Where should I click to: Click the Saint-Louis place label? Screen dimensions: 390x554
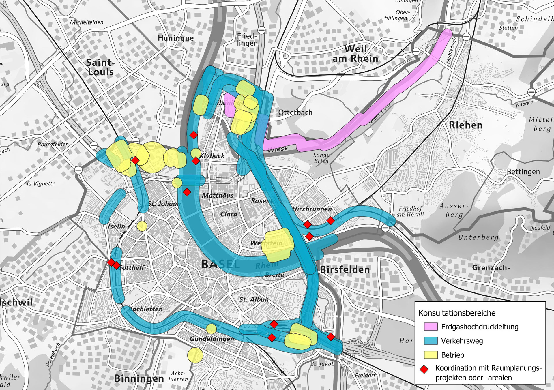100,67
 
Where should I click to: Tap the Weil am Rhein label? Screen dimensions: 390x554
355,54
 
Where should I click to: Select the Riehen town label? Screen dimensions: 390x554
466,125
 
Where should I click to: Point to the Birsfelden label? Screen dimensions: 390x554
345,270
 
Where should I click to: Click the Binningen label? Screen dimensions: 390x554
139,378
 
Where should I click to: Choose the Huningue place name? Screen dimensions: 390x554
176,38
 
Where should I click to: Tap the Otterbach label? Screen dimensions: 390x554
295,112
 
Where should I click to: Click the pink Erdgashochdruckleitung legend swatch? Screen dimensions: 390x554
431,327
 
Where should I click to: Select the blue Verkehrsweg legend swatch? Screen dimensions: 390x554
431,341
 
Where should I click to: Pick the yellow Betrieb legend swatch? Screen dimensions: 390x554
431,355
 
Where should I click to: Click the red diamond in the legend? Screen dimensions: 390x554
424,370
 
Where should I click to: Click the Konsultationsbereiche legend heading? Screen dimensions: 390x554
457,313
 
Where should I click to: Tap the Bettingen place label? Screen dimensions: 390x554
523,172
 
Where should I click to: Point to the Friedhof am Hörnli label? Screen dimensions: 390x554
410,211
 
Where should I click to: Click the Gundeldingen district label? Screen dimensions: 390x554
212,339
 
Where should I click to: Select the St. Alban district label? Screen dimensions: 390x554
254,299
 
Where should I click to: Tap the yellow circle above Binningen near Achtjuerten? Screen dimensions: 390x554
195,355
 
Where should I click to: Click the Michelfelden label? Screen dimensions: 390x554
87,22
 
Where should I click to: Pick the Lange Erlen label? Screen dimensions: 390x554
321,158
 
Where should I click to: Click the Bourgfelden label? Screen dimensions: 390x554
53,144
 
